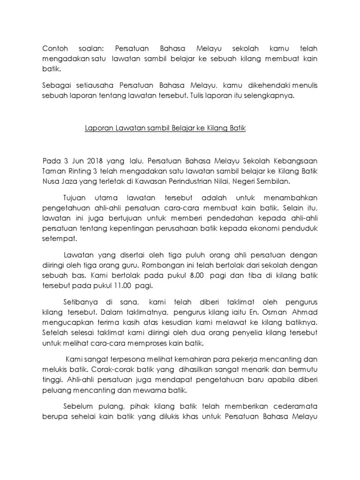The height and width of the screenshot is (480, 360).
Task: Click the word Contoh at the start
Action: tap(56, 49)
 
